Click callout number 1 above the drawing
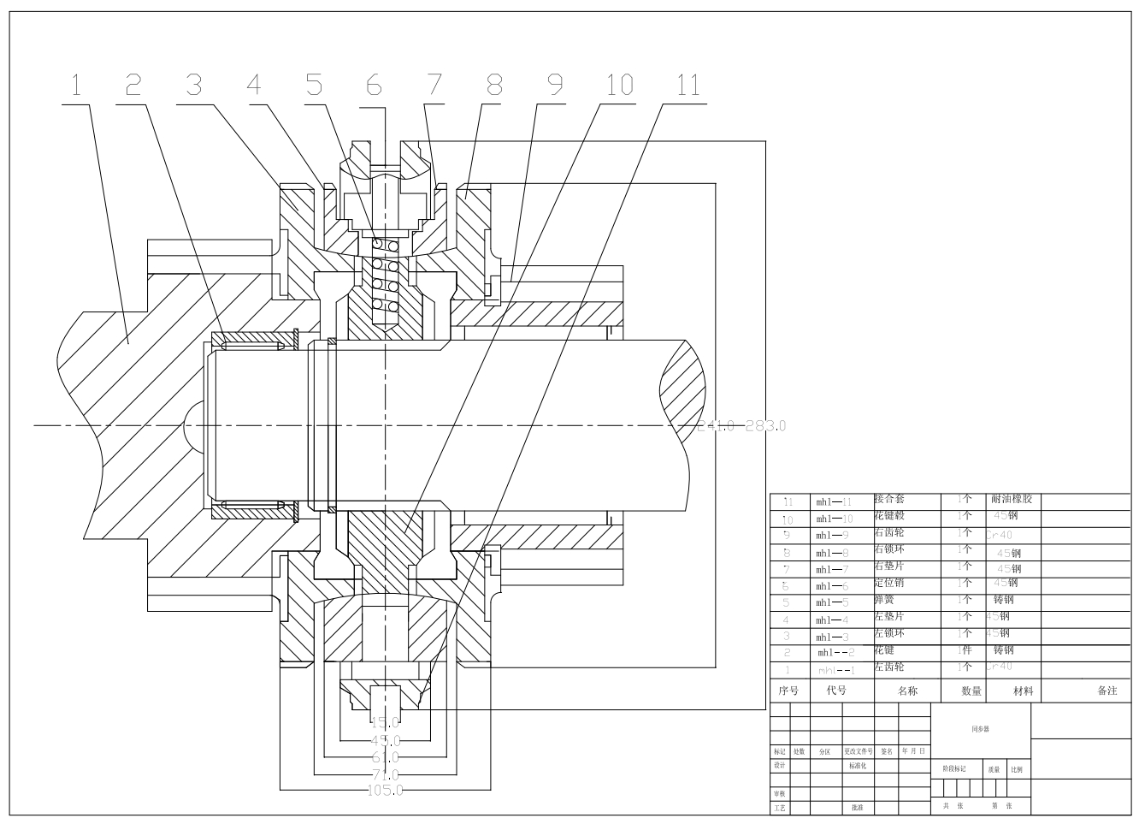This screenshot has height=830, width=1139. pos(76,85)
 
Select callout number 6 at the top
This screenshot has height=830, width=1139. pos(374,85)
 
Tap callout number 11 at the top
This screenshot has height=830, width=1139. pos(688,85)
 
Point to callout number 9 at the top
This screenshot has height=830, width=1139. pos(554,85)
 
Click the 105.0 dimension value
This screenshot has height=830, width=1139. pos(385,791)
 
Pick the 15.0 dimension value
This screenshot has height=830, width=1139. pos(385,723)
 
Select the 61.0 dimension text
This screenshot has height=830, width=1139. pos(385,757)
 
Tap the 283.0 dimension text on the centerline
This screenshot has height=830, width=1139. pos(765,425)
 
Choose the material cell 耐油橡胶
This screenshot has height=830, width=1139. pos(1012,498)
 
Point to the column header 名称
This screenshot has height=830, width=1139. pos(907,691)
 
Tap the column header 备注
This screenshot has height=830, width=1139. pos(1107,691)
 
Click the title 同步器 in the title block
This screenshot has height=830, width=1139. pos(980,729)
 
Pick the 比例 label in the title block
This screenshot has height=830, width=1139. pos(1016,769)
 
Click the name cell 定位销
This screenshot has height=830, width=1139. pos(889,583)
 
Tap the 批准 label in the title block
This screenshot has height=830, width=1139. pos(857,807)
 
